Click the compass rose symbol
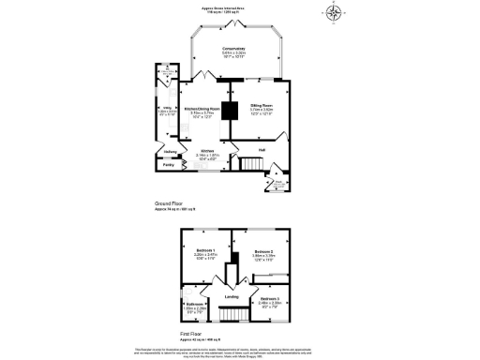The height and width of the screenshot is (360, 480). (x=335, y=12)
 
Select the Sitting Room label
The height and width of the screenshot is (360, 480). (x=262, y=106)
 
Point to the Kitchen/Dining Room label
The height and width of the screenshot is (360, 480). (x=201, y=111)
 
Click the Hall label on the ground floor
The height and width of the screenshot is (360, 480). (x=262, y=149)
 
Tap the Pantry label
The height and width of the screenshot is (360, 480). (x=169, y=165)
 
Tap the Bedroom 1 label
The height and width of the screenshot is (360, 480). (x=206, y=251)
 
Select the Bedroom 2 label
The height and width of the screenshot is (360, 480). (x=263, y=251)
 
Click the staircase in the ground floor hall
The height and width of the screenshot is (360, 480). (x=249, y=165)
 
